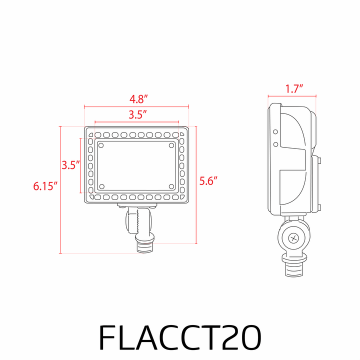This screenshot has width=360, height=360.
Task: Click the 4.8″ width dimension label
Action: pyautogui.click(x=138, y=99)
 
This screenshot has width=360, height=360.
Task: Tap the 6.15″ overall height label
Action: pyautogui.click(x=45, y=186)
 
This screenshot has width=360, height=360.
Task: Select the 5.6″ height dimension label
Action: pyautogui.click(x=208, y=181)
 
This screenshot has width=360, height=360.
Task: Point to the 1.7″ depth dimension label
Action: pyautogui.click(x=294, y=89)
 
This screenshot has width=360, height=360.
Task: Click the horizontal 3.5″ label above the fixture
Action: pyautogui.click(x=137, y=115)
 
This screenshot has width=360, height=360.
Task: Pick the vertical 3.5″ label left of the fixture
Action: pyautogui.click(x=70, y=165)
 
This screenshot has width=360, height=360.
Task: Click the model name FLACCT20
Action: pyautogui.click(x=180, y=337)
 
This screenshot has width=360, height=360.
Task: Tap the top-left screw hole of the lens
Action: pyautogui.click(x=101, y=145)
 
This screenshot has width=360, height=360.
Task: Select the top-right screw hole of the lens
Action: pyautogui.click(x=171, y=145)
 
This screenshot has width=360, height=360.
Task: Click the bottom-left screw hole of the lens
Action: pyautogui.click(x=102, y=186)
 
